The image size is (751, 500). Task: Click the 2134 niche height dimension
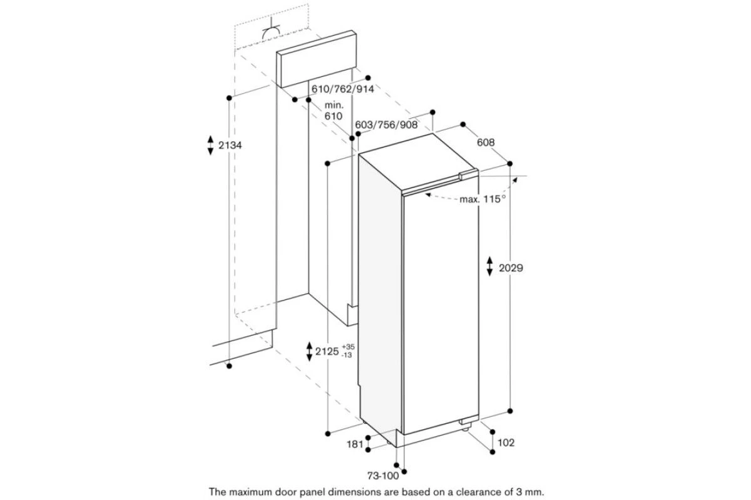coord(230,146)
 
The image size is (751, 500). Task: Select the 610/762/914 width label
coord(343,89)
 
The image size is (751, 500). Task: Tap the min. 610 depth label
coord(334,111)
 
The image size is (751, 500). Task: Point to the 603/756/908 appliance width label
coord(386,125)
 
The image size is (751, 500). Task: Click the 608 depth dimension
coord(486,142)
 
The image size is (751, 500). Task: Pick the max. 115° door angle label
coord(483,199)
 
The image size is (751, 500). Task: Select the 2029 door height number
coord(511,268)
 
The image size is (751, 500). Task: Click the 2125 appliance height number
coord(327,351)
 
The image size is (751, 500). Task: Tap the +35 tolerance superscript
coord(348,347)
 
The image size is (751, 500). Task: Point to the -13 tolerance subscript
coord(347,355)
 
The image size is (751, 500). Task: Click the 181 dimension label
coord(355,444)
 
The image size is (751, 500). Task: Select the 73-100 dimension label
coord(383,476)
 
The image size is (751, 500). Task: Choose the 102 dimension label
coord(506,443)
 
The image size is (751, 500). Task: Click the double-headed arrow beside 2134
coord(210,146)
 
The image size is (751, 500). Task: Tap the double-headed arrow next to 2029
coord(490,266)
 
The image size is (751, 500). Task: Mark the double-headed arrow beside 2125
coord(309,352)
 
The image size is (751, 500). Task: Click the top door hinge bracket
coord(469,175)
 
